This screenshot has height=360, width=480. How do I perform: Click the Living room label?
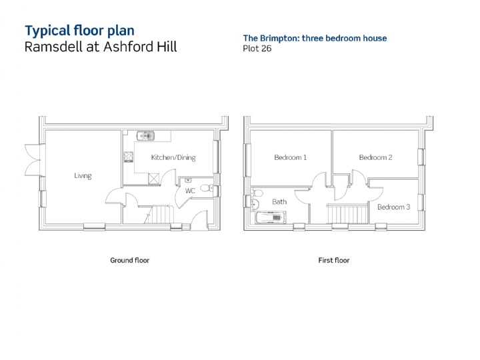click(x=83, y=176)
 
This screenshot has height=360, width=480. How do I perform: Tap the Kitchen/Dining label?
click(x=173, y=157)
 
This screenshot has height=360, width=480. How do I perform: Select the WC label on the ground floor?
click(x=190, y=191)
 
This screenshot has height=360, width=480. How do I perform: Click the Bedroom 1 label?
click(x=290, y=157)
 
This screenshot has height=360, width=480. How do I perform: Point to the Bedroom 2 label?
click(x=375, y=157)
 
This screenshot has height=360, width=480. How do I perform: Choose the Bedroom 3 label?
click(x=394, y=207)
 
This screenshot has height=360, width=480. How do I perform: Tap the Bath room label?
click(x=279, y=202)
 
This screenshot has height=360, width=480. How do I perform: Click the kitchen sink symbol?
click(x=146, y=135)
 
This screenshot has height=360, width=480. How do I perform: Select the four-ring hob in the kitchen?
click(x=129, y=157)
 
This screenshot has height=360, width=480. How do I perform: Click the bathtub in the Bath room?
click(x=271, y=217)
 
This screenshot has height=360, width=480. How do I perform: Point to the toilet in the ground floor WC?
click(x=207, y=187)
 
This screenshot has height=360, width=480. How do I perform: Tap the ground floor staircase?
click(x=159, y=214)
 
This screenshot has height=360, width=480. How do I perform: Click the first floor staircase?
click(x=347, y=214)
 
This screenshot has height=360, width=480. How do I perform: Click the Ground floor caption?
click(x=130, y=260)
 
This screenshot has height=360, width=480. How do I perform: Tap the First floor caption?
click(x=334, y=260)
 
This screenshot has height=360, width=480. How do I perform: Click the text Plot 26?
click(x=257, y=49)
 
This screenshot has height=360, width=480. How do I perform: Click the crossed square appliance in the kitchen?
click(x=154, y=179)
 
